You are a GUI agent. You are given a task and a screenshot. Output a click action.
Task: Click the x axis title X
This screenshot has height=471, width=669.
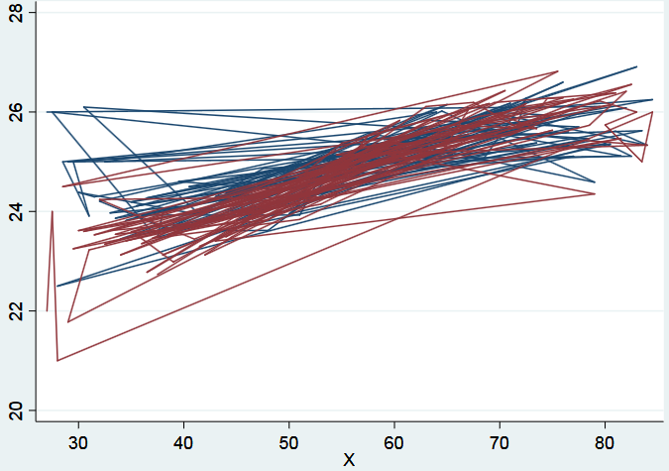click(349, 459)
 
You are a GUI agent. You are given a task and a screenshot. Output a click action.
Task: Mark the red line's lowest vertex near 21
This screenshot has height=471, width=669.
click(57, 360)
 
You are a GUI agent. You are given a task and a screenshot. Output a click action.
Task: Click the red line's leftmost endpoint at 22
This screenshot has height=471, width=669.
click(47, 310)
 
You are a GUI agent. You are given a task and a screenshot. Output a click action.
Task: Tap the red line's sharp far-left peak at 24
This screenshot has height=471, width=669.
click(53, 211)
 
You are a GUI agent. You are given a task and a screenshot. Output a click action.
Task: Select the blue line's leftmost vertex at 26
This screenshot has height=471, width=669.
click(47, 112)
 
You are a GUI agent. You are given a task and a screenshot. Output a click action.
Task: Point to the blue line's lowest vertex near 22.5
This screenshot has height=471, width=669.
click(56, 286)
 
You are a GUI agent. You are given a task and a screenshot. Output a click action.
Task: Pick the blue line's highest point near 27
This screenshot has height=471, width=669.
click(636, 66)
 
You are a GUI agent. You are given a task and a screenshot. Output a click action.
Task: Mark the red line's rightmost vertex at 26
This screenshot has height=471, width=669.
click(652, 112)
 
